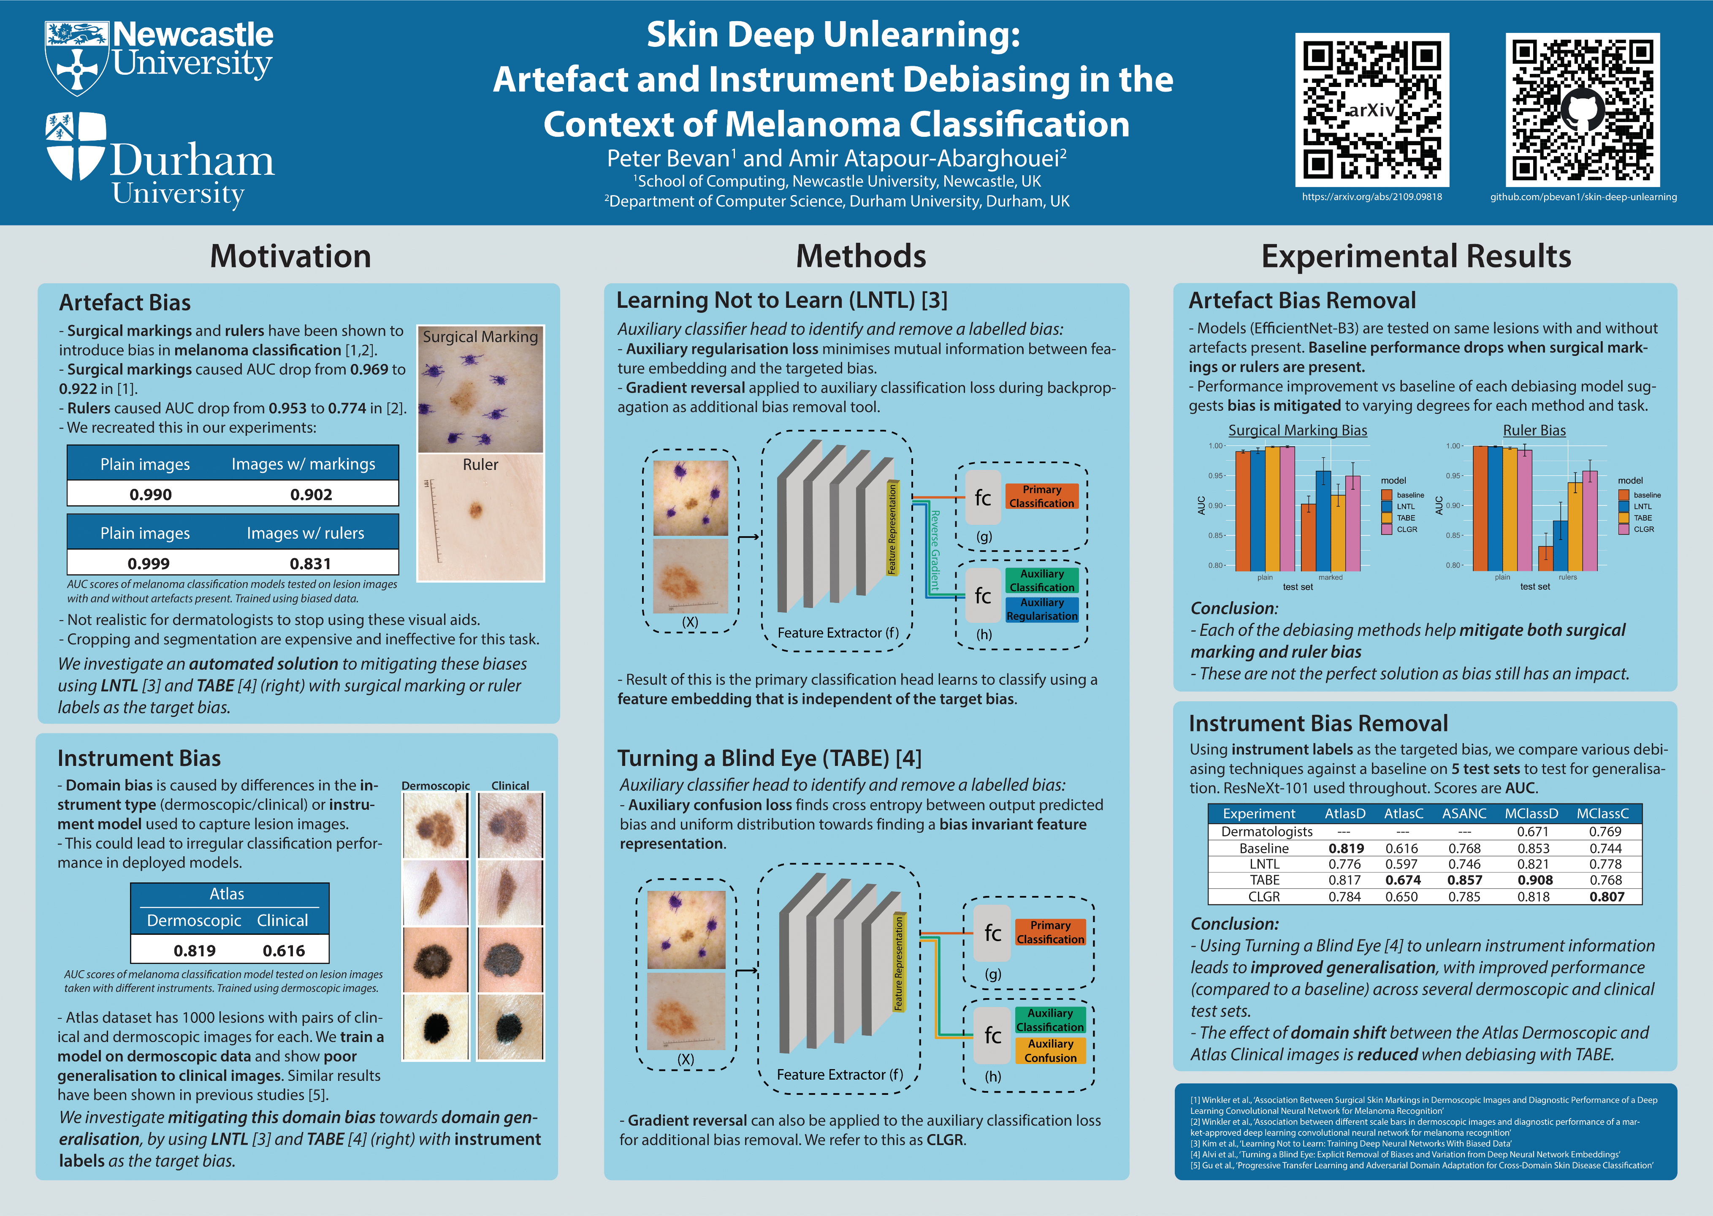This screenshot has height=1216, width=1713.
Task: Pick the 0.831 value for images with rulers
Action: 311,563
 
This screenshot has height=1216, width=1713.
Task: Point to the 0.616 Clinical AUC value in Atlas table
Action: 284,950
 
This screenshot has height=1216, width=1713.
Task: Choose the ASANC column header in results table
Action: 1464,813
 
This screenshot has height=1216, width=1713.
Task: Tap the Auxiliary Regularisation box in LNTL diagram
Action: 1041,610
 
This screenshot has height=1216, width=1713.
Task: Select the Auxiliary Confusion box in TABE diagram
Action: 1050,1050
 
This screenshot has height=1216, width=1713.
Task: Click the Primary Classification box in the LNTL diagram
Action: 1041,497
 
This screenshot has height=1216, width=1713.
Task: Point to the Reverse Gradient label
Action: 934,550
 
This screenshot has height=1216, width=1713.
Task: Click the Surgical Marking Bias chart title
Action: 1298,431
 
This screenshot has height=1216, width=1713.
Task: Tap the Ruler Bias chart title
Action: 1534,431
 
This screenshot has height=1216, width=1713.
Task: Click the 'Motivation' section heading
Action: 290,256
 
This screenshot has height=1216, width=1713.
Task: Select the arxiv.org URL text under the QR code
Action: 1371,197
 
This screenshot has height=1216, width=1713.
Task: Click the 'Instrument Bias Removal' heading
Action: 1318,723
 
